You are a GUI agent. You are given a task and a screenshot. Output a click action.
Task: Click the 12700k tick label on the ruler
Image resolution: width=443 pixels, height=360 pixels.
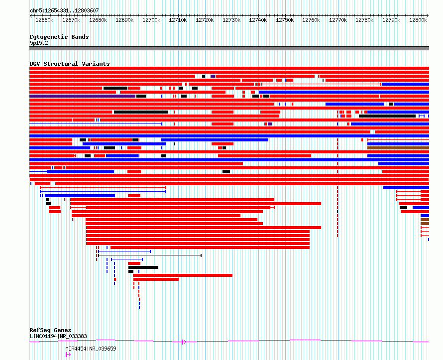(151, 20)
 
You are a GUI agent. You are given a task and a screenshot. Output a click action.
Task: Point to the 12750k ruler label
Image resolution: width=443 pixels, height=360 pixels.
(285, 20)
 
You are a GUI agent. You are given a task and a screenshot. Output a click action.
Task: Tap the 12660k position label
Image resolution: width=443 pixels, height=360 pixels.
(44, 20)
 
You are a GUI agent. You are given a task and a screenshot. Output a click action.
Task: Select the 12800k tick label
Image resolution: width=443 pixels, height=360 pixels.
(418, 20)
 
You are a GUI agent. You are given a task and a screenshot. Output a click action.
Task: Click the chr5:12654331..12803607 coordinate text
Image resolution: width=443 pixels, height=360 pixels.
(64, 11)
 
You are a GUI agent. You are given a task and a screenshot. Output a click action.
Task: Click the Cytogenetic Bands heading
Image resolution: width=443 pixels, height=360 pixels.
(59, 37)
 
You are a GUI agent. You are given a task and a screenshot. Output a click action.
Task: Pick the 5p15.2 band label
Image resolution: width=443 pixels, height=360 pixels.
(39, 43)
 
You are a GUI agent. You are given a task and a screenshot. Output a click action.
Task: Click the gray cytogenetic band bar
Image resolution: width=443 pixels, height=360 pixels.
(229, 48)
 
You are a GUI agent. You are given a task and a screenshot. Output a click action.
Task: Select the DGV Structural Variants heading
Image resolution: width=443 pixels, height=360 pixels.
(70, 64)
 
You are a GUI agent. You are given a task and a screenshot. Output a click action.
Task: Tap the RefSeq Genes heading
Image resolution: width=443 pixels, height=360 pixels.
(50, 330)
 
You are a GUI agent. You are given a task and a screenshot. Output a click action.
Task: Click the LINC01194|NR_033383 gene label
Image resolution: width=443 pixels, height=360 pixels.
(58, 336)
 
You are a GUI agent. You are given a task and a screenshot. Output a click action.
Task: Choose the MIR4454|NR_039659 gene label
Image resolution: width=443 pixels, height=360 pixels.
(91, 349)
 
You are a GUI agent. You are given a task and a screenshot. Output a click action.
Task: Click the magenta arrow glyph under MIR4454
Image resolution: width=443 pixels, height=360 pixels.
(68, 355)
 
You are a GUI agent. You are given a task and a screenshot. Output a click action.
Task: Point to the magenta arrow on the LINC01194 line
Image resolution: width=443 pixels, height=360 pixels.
(184, 342)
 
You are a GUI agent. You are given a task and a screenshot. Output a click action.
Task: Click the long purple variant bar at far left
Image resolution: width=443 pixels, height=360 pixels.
(82, 96)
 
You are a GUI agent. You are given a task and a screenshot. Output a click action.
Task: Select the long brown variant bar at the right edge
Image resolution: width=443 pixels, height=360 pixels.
(398, 148)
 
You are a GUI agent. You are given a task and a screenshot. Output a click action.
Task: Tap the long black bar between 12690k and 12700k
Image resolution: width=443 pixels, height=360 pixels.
(141, 112)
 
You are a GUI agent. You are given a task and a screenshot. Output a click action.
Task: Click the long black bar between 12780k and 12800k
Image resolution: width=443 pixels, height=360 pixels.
(387, 116)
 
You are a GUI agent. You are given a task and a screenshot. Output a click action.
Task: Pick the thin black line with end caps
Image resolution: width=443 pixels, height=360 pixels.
(150, 255)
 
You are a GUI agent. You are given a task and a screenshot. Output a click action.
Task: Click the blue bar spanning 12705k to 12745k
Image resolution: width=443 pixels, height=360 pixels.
(215, 140)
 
